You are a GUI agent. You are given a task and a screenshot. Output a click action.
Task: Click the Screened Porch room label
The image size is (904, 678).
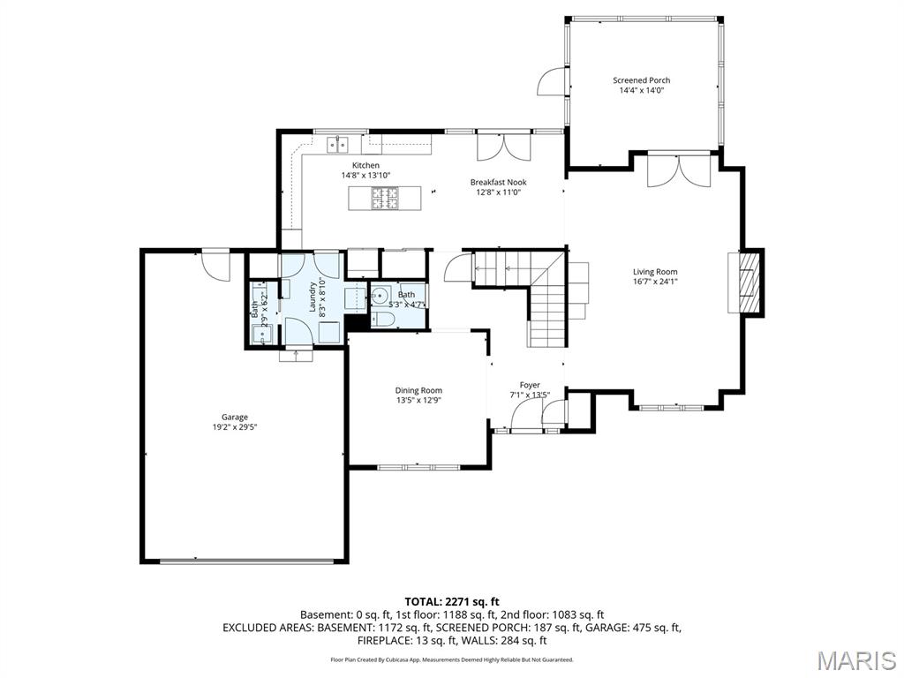[x=642, y=80]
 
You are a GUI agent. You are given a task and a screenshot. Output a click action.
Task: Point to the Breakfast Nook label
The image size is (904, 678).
[x=498, y=183]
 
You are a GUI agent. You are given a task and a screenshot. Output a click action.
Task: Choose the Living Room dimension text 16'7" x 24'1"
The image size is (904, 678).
[x=655, y=282]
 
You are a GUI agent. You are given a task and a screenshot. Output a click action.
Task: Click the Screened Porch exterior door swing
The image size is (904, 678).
[x=551, y=82]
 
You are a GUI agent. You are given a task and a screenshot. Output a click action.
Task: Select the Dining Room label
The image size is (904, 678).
[x=418, y=390]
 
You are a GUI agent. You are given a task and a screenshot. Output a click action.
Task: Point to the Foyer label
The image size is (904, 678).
[x=530, y=385]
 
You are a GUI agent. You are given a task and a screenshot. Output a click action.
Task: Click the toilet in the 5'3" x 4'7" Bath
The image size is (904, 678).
[x=383, y=320]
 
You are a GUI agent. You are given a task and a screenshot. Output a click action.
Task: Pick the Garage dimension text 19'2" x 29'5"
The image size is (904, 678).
[x=234, y=427]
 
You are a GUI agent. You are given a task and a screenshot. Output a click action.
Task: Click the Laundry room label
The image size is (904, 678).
[x=313, y=296]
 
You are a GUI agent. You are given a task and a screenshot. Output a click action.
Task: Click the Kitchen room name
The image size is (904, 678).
[x=365, y=165]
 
